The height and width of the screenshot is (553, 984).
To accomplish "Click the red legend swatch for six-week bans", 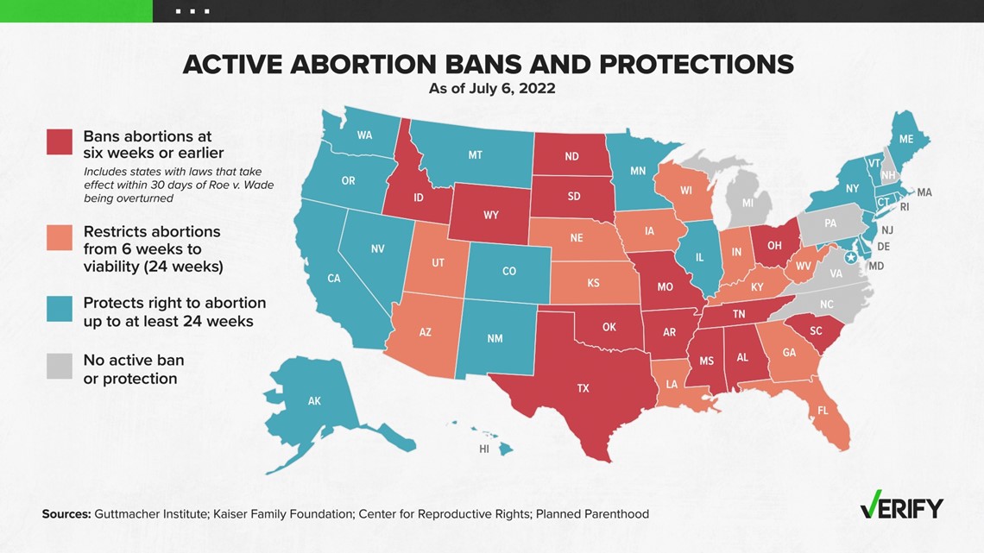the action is coord(59,141).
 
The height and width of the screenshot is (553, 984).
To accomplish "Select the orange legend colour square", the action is coord(59,237).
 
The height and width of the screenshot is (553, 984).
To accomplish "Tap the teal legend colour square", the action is coord(59,309).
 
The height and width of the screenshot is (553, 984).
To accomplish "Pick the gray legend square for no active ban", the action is coord(59,366).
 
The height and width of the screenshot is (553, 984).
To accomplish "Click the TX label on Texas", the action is coord(583,388).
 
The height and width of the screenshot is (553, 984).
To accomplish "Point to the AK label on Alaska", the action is coord(314,400).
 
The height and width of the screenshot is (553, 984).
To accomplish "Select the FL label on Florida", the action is coord(823,412).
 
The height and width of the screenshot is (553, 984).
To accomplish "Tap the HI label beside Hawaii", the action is coord(484,449).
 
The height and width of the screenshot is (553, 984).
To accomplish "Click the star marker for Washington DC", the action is coord(851,258).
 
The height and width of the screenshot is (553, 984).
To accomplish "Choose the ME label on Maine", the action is coord(906,139).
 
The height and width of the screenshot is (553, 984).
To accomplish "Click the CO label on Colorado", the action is coord(509,271).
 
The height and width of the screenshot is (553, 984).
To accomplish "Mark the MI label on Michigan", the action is coord(747,203).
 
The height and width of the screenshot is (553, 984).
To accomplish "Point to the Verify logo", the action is coord(902,506).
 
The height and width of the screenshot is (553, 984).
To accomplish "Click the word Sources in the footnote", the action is coord(66,514).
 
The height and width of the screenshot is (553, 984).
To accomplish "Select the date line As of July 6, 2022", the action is coord(492,88).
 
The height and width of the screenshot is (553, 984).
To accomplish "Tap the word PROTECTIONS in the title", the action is coord(696,65).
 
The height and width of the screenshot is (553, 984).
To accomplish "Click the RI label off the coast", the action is coord(905,206).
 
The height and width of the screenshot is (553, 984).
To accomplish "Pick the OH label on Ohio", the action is coord(774,246).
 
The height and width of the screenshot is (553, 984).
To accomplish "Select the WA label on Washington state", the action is coord(364,135).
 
